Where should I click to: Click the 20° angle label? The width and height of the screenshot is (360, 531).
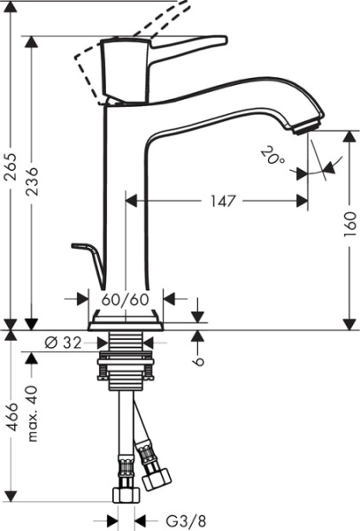coord(273,157)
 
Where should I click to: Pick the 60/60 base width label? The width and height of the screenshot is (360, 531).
coord(126,300)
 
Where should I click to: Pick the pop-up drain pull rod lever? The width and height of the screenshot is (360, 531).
coord(88,252)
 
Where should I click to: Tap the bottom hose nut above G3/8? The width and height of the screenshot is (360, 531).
coord(125,493)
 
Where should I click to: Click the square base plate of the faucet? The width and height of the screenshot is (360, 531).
coord(126,319)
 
